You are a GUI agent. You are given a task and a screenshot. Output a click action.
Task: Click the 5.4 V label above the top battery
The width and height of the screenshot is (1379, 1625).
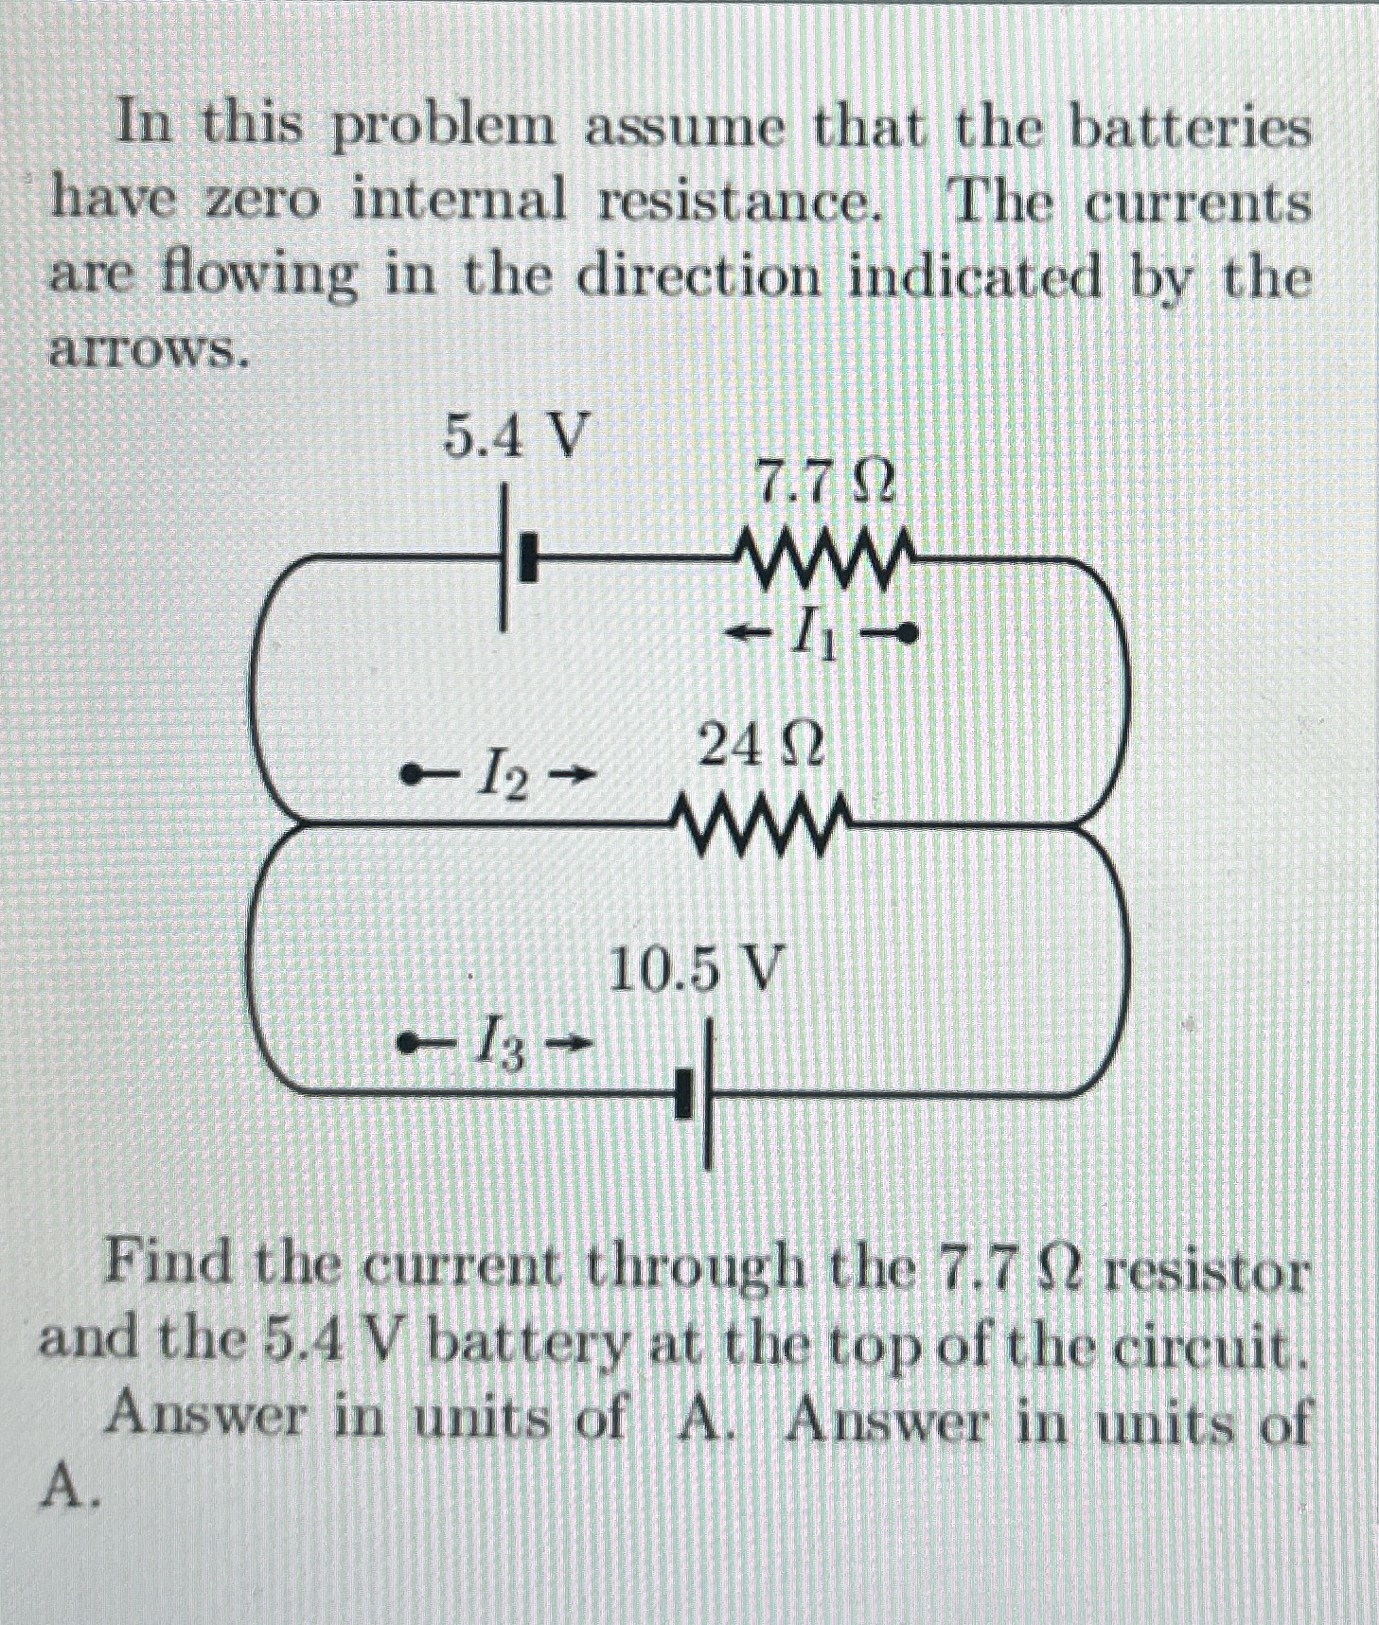pyautogui.click(x=512, y=438)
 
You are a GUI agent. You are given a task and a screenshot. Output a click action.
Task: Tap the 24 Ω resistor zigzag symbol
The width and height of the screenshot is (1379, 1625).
pyautogui.click(x=760, y=821)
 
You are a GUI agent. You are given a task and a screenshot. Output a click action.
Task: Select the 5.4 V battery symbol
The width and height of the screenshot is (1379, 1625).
pyautogui.click(x=519, y=559)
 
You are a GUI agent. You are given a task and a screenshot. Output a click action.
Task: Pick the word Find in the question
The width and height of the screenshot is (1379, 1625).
pyautogui.click(x=168, y=1263)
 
